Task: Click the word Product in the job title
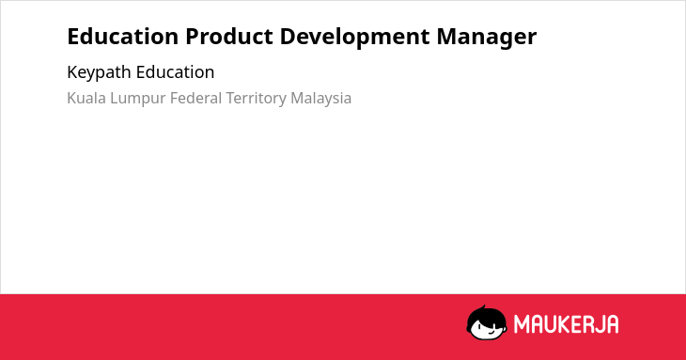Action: pos(229,37)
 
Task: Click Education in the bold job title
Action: pos(123,37)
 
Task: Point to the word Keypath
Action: pos(99,73)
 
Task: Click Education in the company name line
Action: pos(175,71)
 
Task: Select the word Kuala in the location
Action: pos(86,98)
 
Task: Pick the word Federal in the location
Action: pos(195,98)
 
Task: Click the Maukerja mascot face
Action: pos(487,322)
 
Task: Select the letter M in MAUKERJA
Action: pos(522,324)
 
